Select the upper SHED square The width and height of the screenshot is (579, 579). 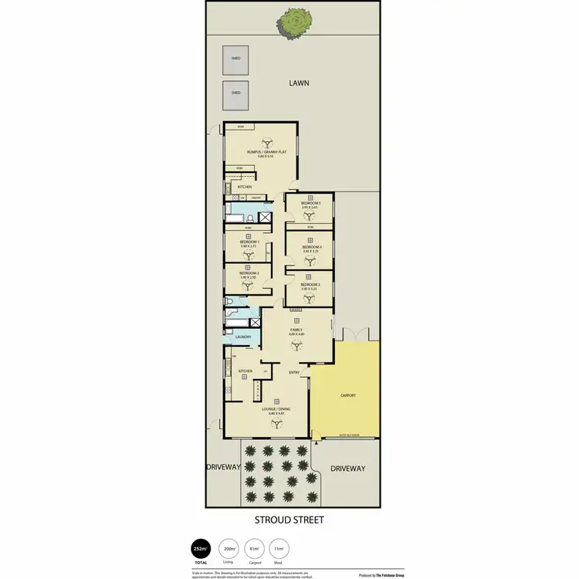coord(235,58)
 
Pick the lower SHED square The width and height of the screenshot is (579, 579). coord(235,93)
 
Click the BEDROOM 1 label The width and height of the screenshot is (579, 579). coord(249,242)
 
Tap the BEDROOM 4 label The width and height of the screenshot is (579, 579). coord(312,247)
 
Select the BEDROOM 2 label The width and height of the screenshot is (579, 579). coord(249,273)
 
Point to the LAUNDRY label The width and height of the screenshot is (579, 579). coord(243,338)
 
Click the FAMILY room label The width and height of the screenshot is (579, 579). coord(296,330)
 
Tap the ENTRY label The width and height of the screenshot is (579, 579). coord(294,373)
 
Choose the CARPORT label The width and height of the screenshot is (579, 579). coord(347,394)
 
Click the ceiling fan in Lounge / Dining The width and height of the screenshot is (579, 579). coord(272,422)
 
